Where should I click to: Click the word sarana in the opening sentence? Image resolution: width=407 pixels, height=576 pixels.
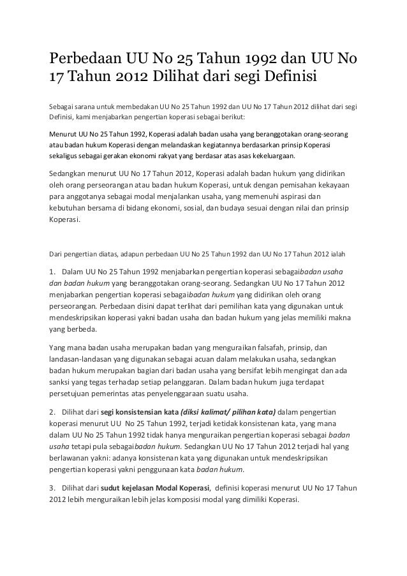point(94,105)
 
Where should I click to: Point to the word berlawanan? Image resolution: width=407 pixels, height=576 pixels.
point(72,460)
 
